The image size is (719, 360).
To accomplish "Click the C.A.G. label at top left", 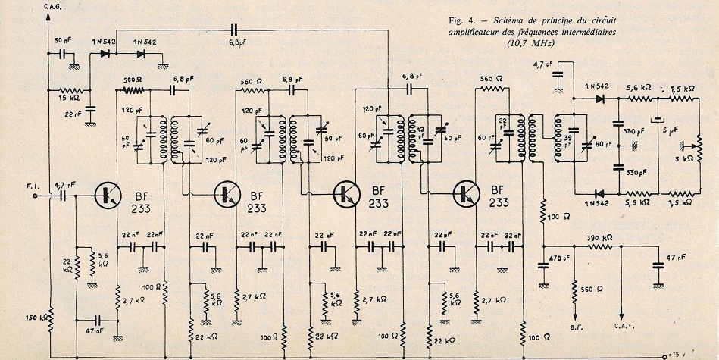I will (58, 7).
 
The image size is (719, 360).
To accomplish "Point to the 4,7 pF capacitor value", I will (543, 64).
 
